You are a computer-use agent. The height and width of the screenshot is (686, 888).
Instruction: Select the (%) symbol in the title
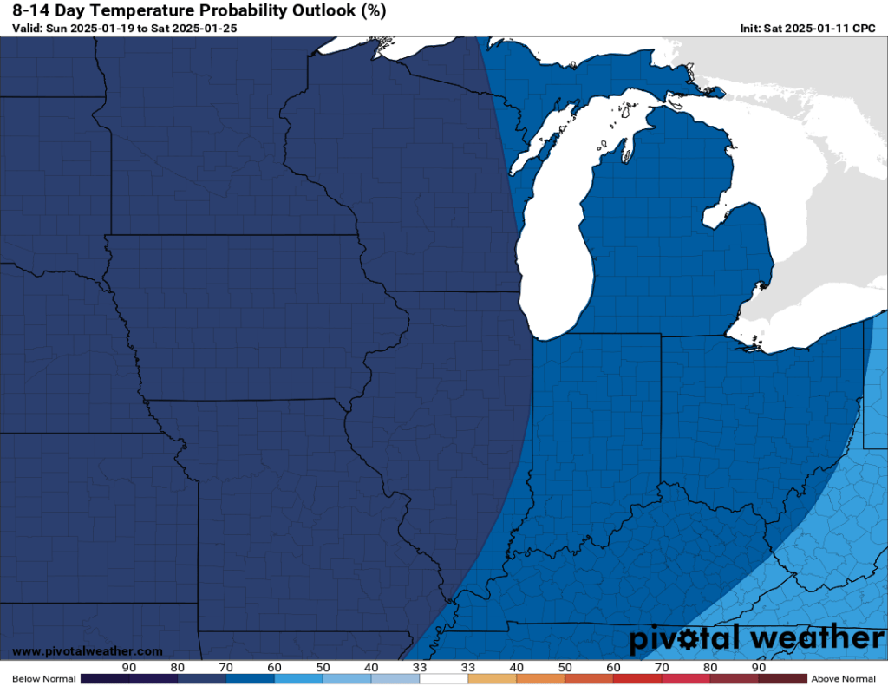point(369,11)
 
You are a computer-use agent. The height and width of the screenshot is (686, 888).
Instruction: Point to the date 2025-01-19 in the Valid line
point(102,29)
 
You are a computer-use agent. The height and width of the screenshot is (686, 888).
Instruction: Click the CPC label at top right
point(865,29)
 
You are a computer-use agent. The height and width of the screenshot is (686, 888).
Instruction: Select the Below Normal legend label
point(44,678)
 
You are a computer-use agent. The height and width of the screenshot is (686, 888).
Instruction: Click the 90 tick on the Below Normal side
point(129,667)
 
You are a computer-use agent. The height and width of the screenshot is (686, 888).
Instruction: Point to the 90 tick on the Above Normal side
point(759,667)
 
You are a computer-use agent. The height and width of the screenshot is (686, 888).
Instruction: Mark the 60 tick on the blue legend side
point(275,667)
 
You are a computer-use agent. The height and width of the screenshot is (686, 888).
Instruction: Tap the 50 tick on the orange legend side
point(565,667)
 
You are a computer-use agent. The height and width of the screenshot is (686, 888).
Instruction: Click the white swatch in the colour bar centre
point(443,678)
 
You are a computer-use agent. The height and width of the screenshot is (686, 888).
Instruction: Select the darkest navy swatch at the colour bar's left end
point(105,678)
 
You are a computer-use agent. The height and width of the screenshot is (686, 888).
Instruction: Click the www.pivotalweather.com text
point(87,651)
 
